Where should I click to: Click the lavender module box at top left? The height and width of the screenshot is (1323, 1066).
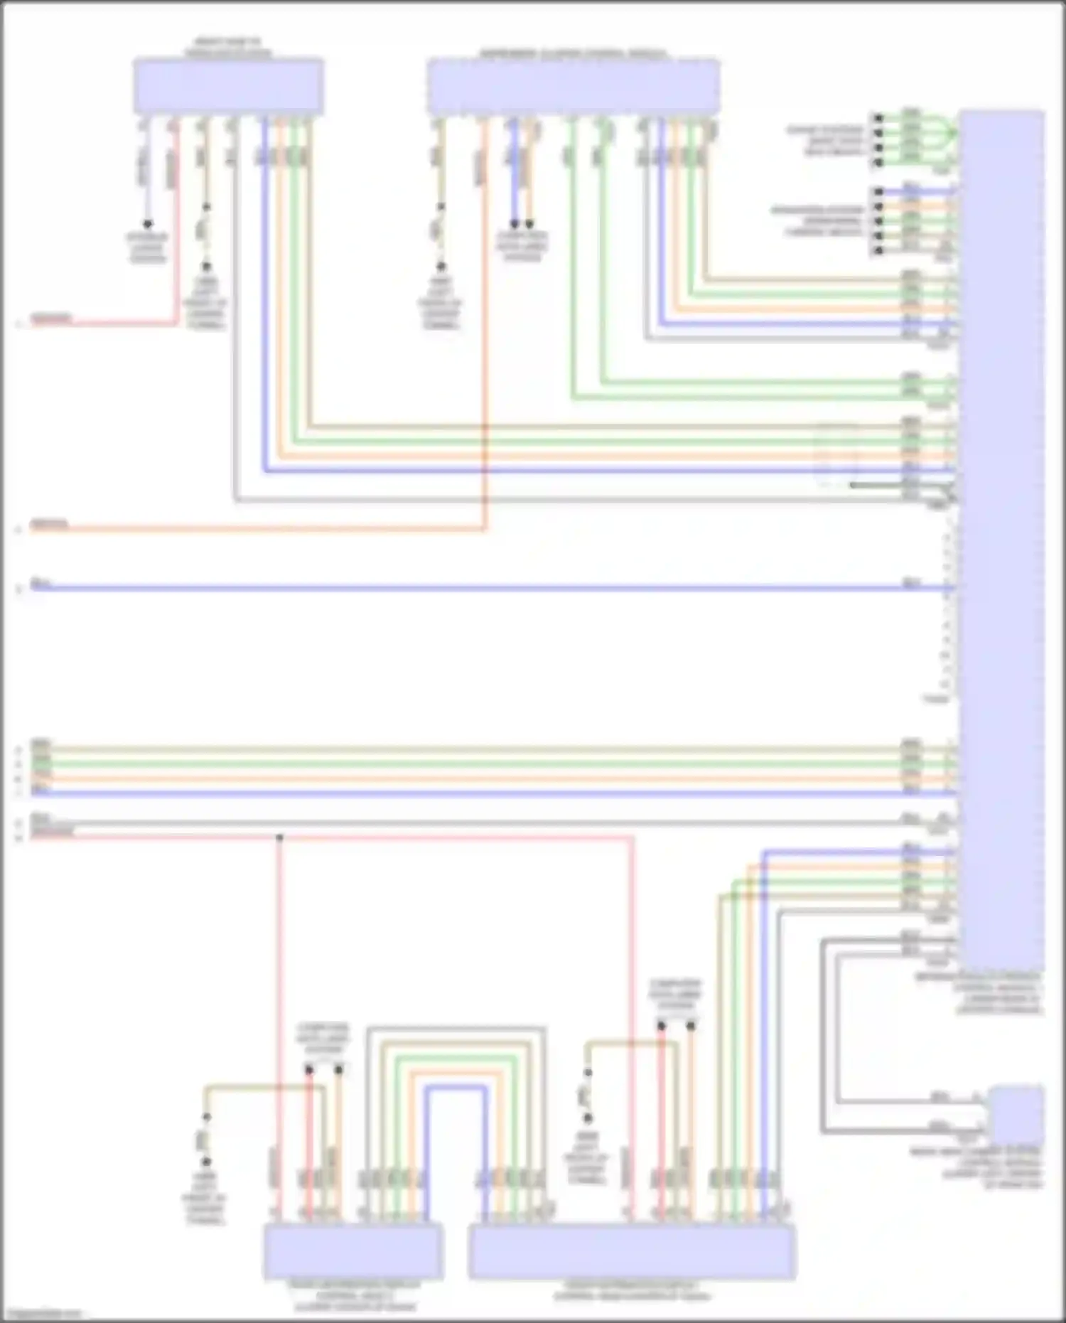228,86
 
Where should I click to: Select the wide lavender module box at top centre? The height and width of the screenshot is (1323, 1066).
573,87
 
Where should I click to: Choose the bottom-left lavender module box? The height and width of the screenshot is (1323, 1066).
352,1250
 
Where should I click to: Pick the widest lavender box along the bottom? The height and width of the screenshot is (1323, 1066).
632,1252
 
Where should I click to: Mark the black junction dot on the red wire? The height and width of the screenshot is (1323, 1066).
279,838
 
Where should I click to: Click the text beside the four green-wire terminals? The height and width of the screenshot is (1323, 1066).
824,141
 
